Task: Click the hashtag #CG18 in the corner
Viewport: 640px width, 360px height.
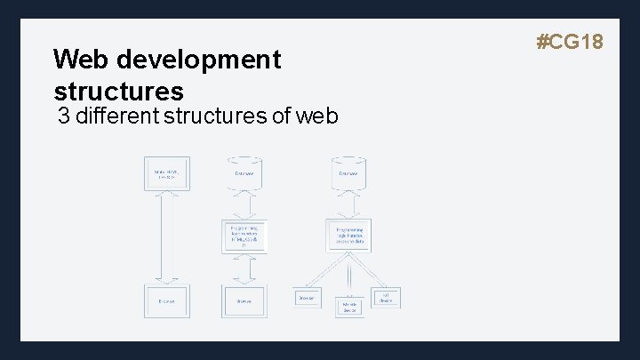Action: (x=570, y=41)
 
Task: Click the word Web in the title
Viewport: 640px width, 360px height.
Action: (x=76, y=60)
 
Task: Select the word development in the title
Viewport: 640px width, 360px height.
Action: (x=192, y=60)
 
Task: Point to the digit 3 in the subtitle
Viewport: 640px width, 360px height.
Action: (x=63, y=116)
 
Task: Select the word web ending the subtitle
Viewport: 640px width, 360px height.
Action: (x=315, y=116)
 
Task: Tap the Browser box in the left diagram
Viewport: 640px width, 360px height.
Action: (x=166, y=301)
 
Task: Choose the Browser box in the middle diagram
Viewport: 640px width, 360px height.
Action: (x=244, y=301)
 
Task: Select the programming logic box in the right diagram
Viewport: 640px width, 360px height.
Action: (x=349, y=236)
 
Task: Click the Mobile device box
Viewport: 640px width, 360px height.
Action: (x=349, y=306)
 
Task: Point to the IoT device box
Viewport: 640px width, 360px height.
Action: (x=388, y=297)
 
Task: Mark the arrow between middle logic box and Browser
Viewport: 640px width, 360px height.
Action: (x=244, y=269)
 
